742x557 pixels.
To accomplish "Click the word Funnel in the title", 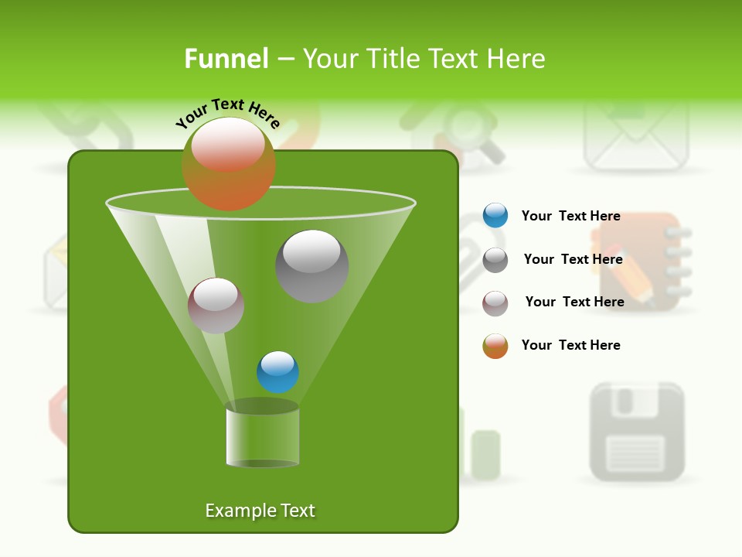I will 226,59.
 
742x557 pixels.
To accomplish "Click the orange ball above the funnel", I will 229,164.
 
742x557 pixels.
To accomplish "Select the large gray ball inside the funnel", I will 312,266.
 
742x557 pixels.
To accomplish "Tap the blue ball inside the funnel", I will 278,372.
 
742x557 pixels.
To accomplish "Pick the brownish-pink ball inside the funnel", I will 216,306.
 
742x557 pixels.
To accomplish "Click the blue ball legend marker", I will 495,216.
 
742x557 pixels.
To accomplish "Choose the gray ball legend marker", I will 495,260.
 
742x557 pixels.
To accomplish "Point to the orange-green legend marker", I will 495,346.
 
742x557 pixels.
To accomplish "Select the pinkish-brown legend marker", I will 495,303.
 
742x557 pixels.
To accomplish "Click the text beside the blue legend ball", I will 570,217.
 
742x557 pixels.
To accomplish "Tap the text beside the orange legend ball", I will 570,345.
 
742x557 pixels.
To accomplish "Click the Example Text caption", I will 260,511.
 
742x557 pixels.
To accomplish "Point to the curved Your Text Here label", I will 228,111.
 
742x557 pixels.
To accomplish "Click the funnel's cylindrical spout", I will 263,436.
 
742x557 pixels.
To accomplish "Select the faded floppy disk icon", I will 637,431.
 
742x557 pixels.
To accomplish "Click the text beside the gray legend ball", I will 573,259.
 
